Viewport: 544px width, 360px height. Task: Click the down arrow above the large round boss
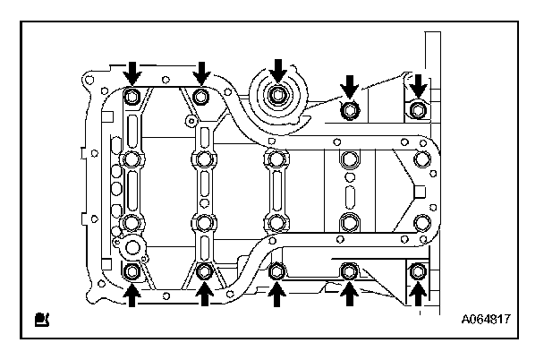tap(280, 68)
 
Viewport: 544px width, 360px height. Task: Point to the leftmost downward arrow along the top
tap(132, 69)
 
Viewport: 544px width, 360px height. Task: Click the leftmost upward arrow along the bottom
tap(132, 292)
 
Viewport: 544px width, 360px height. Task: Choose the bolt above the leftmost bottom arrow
tap(132, 270)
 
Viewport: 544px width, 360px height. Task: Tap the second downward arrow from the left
tap(202, 69)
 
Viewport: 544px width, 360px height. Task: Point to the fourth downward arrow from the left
tap(350, 85)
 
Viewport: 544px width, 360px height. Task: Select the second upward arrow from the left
tap(205, 292)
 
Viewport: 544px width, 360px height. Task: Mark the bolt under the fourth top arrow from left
tap(350, 109)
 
